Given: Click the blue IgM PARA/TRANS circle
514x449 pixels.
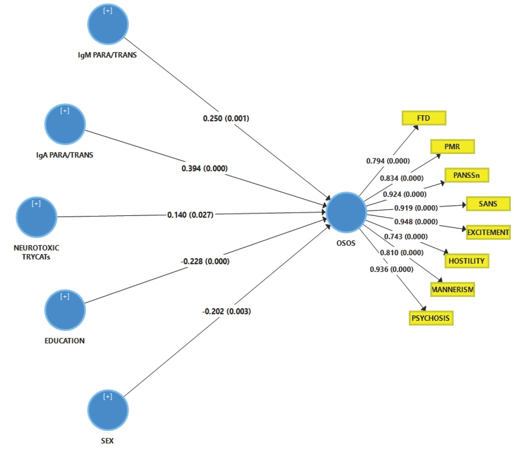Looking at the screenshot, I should tap(108, 25).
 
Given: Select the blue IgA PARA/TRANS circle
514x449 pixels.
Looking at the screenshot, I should tap(65, 125).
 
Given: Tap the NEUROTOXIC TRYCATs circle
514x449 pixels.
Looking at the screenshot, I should tap(37, 217).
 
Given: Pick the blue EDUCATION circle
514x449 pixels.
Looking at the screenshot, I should tap(65, 310).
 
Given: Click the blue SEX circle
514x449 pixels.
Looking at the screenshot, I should tap(108, 410).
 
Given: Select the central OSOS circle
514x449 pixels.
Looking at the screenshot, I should tap(346, 212).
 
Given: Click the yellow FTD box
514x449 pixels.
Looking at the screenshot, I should tap(424, 118).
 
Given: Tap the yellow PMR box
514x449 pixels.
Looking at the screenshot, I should tap(452, 146).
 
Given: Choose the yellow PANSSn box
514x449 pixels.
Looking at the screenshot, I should tap(467, 175).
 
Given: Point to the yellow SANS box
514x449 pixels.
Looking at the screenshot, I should tap(488, 204).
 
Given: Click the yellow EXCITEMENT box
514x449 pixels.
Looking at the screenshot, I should tap(488, 232).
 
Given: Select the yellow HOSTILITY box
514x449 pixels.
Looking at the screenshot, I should tap(467, 261).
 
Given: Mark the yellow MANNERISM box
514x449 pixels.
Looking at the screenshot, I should tap(452, 289).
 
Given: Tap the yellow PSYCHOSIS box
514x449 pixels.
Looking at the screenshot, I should tap(431, 318).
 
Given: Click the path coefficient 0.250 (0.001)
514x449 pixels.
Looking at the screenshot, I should tap(226, 118).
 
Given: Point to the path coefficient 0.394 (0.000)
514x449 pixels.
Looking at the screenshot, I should tap(205, 168).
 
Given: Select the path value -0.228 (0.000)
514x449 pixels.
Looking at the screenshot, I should tap(205, 261).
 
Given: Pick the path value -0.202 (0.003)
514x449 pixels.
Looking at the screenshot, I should tap(226, 311).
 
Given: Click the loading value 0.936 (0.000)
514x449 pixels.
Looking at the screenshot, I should tap(392, 269).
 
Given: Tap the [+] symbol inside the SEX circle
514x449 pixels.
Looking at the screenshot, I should tap(108, 397).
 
